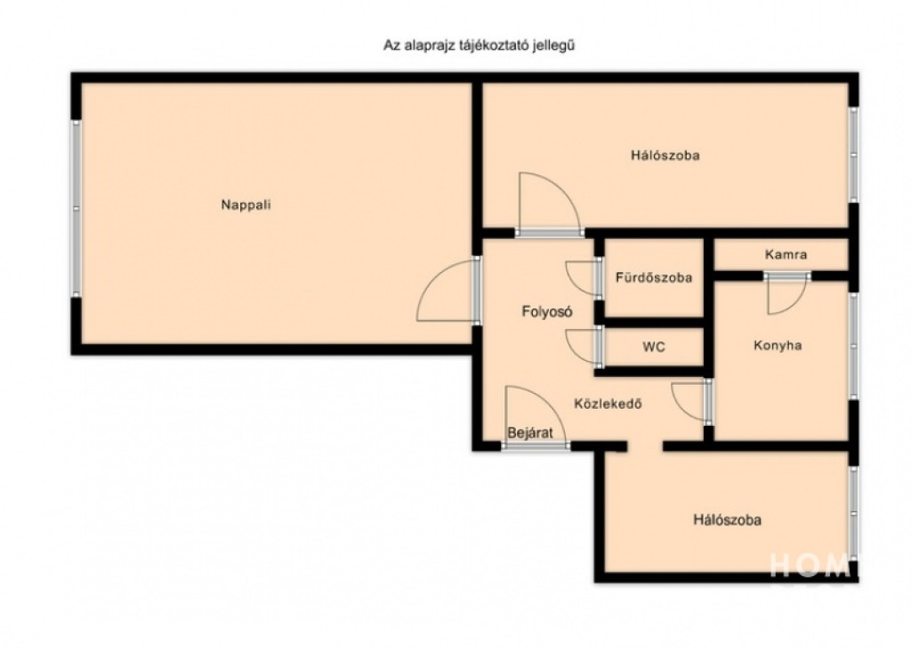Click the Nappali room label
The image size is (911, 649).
[x=246, y=204]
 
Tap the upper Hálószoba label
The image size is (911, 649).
[x=665, y=155]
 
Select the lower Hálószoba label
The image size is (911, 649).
[x=727, y=519]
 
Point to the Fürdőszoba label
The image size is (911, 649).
[x=654, y=276]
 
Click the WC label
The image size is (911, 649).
[x=654, y=347]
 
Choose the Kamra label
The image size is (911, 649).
[x=786, y=254]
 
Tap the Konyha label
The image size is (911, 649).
[x=778, y=346]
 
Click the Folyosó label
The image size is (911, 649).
[x=547, y=312]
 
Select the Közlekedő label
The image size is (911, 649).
[x=608, y=404]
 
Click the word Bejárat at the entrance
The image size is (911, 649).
[x=529, y=432]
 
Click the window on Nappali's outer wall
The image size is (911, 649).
[x=77, y=208]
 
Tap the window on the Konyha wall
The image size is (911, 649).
[x=853, y=346]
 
